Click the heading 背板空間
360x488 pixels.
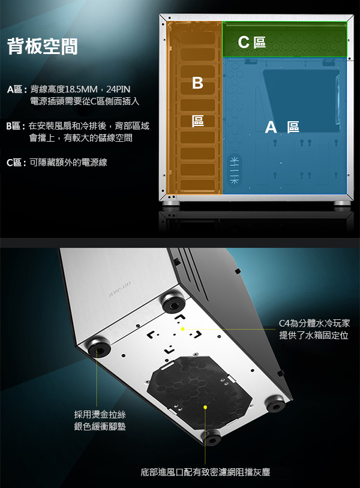(x=43, y=46)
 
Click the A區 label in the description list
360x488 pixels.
(x=15, y=89)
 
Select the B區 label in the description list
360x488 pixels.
(x=14, y=126)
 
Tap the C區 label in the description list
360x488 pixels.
(x=14, y=163)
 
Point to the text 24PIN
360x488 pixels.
(x=118, y=89)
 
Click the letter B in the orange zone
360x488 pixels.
(x=197, y=83)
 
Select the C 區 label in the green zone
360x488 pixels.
(x=252, y=42)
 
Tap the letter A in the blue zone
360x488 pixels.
(x=271, y=127)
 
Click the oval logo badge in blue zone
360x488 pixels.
(x=234, y=170)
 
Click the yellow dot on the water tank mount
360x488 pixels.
(x=182, y=329)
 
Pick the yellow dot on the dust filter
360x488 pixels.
(x=205, y=407)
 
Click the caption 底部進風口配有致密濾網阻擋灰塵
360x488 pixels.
(x=205, y=472)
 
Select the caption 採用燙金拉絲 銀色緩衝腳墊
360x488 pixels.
(x=100, y=420)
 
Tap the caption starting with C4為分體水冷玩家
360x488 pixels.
(x=314, y=330)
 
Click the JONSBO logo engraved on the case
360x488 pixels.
(x=119, y=289)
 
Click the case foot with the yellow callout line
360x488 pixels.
(x=99, y=347)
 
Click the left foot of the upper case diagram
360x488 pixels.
(x=170, y=203)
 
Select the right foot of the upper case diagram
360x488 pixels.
(x=342, y=203)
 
